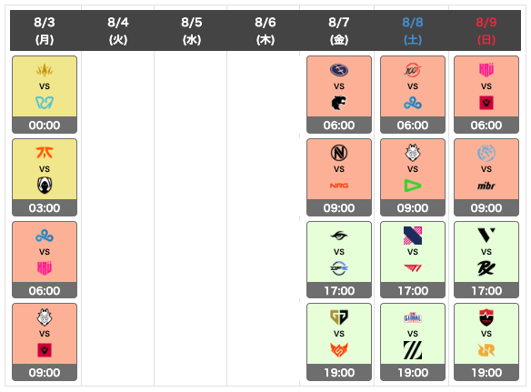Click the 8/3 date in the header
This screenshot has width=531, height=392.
coord(45,23)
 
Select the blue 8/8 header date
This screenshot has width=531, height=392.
coord(413,23)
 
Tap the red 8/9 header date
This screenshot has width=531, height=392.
coord(486,23)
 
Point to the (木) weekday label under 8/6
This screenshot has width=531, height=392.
coord(265,40)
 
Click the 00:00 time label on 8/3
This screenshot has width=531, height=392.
coord(45,126)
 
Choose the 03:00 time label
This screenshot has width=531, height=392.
coord(45,208)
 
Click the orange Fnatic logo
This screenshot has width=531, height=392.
coord(45,153)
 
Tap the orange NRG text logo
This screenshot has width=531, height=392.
coord(339,186)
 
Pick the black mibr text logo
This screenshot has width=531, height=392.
coord(486,186)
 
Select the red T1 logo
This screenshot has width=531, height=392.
coord(413,268)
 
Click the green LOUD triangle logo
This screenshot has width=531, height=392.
coord(413,186)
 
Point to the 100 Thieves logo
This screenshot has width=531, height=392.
coord(413,70)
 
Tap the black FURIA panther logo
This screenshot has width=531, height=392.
coord(338,103)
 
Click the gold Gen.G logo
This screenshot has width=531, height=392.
coord(339,317)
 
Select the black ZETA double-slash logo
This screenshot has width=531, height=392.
coord(413,350)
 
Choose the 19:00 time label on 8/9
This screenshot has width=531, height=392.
coord(486,373)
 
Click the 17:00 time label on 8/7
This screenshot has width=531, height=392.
coord(339,291)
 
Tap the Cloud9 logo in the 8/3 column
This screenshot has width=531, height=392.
coord(45,236)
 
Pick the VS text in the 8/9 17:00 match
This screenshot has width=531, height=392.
coord(486,252)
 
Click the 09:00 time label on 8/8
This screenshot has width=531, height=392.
coord(413,208)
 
